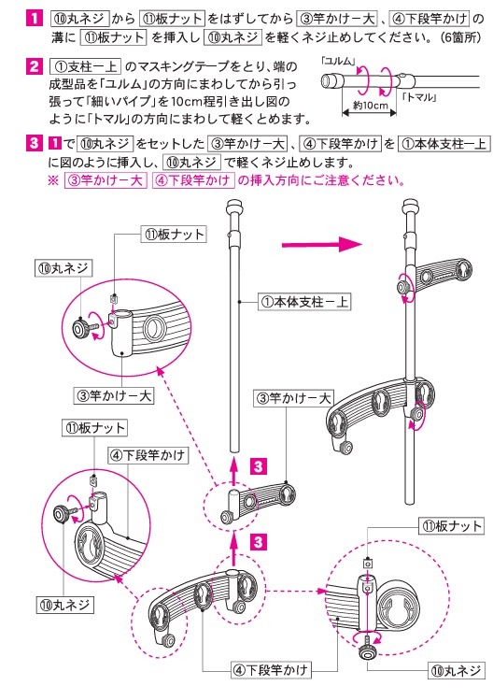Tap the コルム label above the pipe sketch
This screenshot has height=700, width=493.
[x=333, y=60]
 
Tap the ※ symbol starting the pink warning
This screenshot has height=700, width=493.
[x=53, y=181]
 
